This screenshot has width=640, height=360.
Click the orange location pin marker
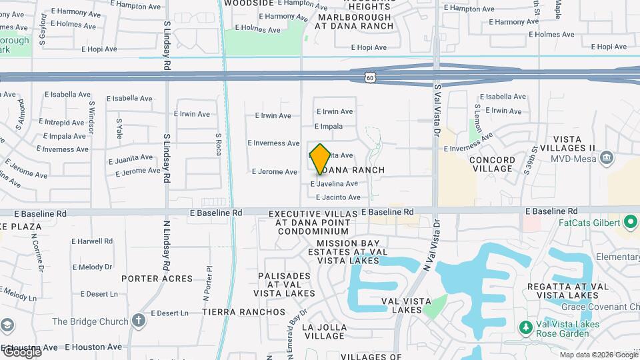coord(320,159)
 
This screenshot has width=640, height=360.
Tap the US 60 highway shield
coord(370,77)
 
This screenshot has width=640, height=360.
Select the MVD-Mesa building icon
coord(607,158)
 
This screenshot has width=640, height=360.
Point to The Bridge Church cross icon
coord(139,321)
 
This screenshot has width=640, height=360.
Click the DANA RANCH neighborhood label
coord(358,170)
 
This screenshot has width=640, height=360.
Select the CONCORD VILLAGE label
coord(492,164)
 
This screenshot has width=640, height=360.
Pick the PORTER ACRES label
coord(157,278)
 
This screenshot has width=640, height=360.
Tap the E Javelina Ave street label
coord(334,183)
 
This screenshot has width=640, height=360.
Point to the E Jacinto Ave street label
coord(338,197)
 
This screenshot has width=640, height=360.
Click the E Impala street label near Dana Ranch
coord(329,127)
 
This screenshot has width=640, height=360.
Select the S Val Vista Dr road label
coord(438,110)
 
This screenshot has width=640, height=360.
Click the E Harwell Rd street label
coord(91,241)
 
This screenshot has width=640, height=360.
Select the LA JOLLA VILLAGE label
coord(325,331)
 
